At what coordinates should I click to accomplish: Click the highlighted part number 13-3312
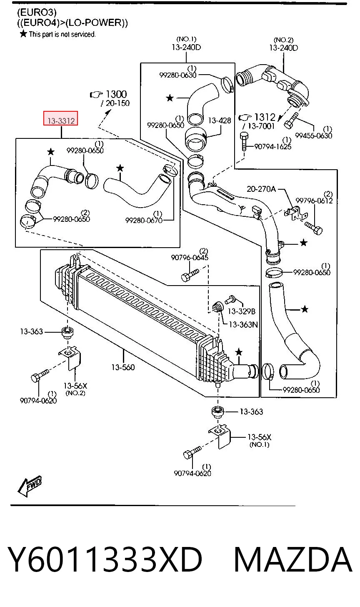(x=61, y=120)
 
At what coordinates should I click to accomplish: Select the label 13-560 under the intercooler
(x=123, y=367)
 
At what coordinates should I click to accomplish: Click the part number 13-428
(x=220, y=120)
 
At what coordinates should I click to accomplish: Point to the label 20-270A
(x=261, y=188)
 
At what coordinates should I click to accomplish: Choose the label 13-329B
(x=241, y=311)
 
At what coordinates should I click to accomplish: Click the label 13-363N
(x=243, y=324)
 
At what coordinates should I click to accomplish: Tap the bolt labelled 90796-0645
(x=190, y=275)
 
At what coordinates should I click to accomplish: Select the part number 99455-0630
(x=313, y=135)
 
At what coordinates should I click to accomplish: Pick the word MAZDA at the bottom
(x=293, y=559)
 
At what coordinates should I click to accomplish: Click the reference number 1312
(x=265, y=117)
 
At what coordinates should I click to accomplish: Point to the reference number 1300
(x=116, y=94)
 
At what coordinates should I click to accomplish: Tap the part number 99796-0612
(x=314, y=201)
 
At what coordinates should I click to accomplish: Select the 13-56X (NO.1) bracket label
(x=259, y=440)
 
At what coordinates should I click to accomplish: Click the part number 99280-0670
(x=144, y=221)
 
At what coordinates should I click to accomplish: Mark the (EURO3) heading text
(x=37, y=12)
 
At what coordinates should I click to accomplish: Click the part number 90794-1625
(x=273, y=147)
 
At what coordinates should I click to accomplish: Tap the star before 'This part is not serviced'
(x=24, y=34)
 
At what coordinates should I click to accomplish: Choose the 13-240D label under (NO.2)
(x=283, y=48)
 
